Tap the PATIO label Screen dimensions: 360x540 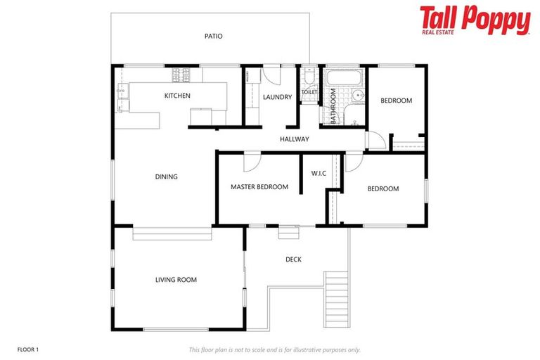[214, 36]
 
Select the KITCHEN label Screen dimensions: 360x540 [177, 96]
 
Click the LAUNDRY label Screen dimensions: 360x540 [277, 97]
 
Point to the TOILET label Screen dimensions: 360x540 [309, 92]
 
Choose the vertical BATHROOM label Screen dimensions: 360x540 [334, 105]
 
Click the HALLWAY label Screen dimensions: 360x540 [294, 139]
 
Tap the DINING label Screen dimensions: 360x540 [166, 176]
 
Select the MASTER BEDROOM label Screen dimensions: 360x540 [259, 187]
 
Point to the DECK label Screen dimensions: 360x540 [293, 259]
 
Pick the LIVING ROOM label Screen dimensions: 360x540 [176, 280]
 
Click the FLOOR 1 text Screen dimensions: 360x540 [28, 349]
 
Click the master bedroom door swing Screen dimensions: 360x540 [251, 162]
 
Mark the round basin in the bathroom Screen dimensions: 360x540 [359, 97]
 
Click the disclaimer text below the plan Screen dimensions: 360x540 [274, 349]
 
